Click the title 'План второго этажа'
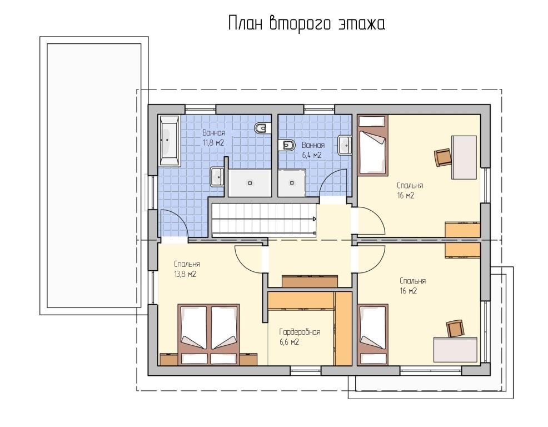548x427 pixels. click(x=306, y=24)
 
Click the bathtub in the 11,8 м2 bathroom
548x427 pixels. click(x=170, y=141)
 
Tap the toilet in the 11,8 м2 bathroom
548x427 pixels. click(x=263, y=128)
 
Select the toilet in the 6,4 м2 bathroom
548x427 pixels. click(x=287, y=145)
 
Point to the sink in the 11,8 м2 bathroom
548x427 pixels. click(x=217, y=177)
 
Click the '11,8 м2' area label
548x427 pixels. click(x=213, y=143)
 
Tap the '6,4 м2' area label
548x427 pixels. click(x=312, y=155)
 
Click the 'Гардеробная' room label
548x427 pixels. click(x=300, y=332)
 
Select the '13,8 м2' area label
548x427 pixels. click(x=185, y=274)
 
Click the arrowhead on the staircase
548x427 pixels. click(x=314, y=219)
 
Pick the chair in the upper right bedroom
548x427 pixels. click(x=443, y=157)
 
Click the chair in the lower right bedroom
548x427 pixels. click(x=455, y=329)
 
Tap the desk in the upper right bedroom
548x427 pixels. click(x=464, y=157)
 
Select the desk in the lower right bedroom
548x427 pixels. click(x=455, y=349)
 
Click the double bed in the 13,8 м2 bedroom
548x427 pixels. click(x=209, y=335)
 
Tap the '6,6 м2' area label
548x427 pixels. click(x=289, y=342)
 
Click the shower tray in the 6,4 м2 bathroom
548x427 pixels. click(x=292, y=183)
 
